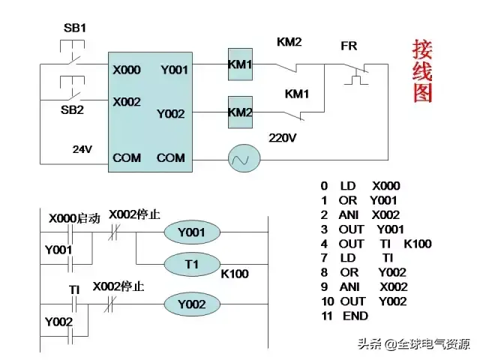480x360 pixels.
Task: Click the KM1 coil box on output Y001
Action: [240, 65]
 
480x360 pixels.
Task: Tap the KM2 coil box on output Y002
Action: [240, 112]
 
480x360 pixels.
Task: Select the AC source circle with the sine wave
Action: [243, 158]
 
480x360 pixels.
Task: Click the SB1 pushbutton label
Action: [75, 28]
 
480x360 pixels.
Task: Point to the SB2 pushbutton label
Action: [72, 109]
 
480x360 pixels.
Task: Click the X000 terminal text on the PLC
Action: [127, 70]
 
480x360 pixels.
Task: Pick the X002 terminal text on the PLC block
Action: [127, 101]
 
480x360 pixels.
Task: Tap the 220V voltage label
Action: [283, 138]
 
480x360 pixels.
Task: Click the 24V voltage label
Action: [82, 149]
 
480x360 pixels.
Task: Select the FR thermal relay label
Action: [349, 46]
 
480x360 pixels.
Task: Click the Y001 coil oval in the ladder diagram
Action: [191, 233]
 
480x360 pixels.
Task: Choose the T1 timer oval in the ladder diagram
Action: [191, 265]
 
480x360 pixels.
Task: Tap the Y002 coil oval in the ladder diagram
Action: [191, 304]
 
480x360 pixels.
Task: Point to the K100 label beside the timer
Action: [235, 274]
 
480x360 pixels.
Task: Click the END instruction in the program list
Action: [355, 316]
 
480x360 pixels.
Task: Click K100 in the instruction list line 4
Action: [417, 244]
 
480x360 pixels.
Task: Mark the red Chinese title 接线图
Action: [422, 71]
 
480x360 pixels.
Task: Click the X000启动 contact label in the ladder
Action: [74, 218]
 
